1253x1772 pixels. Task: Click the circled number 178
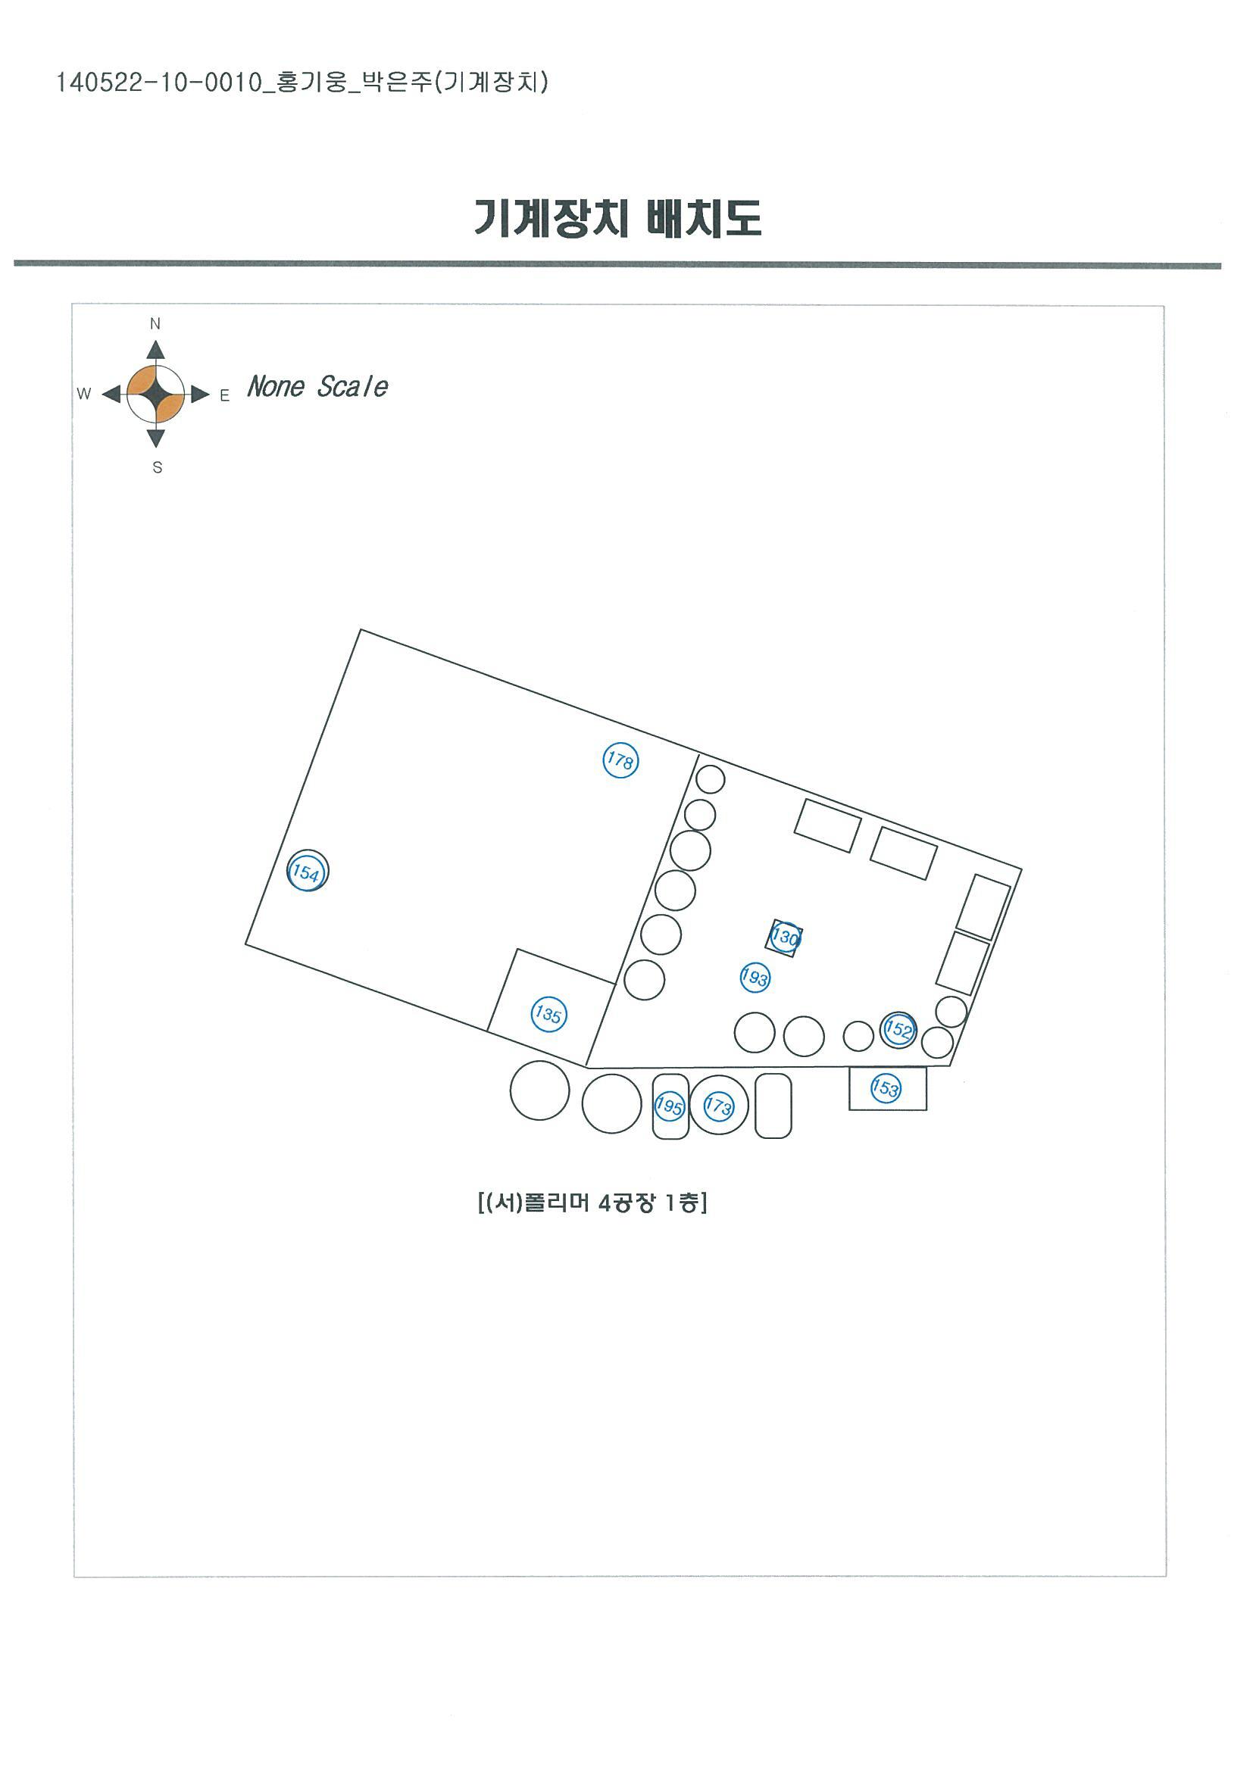click(x=620, y=761)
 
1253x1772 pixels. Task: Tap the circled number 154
click(x=307, y=873)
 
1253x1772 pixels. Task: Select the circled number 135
click(x=549, y=1014)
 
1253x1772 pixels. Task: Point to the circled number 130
click(x=785, y=937)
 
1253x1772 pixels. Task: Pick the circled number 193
click(x=755, y=978)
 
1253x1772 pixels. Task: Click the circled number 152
click(x=898, y=1030)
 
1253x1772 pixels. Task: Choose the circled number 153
click(x=886, y=1088)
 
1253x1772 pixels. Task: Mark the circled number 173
click(x=718, y=1106)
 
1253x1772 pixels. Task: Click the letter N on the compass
click(x=155, y=324)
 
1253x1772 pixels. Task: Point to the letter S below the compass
click(x=158, y=467)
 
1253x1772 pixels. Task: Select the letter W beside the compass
click(x=84, y=394)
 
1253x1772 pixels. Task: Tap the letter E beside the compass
click(x=225, y=396)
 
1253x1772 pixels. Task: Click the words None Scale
click(x=317, y=386)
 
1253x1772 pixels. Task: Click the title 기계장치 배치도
click(x=617, y=217)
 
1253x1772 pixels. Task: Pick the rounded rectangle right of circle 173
click(x=773, y=1106)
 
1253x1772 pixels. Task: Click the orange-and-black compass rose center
click(x=156, y=395)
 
